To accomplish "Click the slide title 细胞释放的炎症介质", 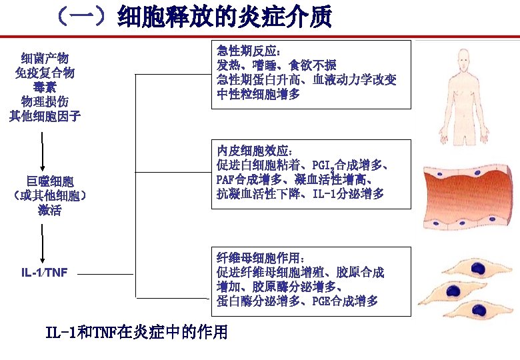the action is pos(223,17).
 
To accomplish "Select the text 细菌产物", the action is pos(45,59).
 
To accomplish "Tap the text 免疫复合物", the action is pos(45,73).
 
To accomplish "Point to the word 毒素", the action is pos(45,87).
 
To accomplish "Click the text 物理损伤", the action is pos(45,101).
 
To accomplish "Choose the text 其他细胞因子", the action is pos(45,116).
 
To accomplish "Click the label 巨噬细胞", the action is pos(50,181).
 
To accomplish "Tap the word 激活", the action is pos(50,210).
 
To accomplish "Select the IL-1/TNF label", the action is pos(44,272).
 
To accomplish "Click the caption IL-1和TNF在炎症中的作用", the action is pos(137,331).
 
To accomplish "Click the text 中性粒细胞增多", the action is pos(258,94).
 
